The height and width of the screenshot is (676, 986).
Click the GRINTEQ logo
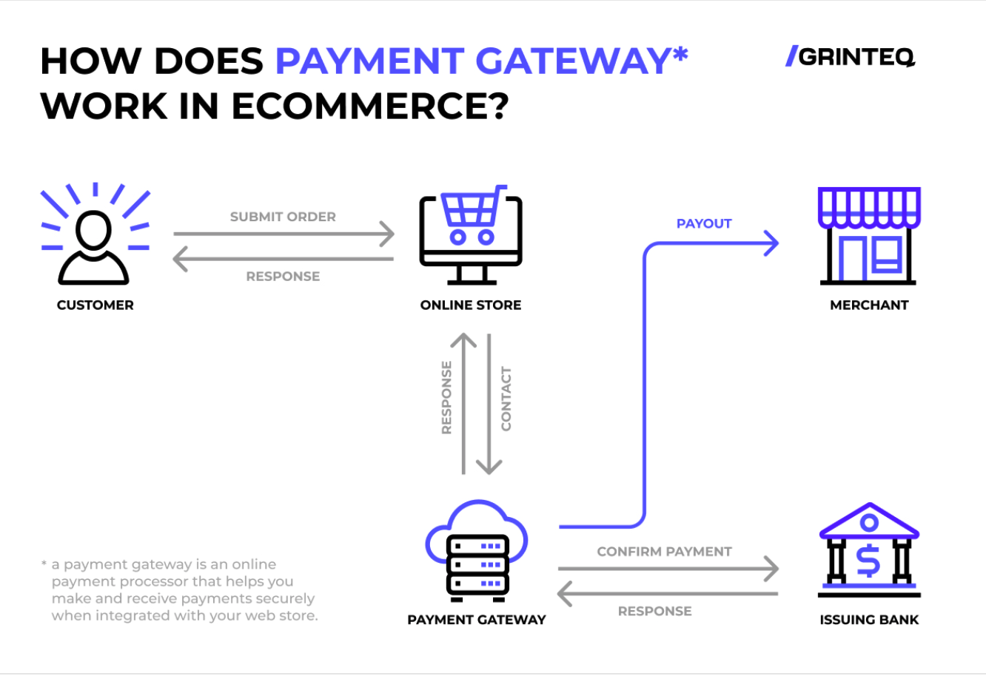tap(851, 57)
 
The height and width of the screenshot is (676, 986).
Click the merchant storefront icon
tap(869, 237)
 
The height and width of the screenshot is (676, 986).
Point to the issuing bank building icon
tap(869, 551)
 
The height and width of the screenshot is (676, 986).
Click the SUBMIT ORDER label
tap(283, 217)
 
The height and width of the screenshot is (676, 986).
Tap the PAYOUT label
tap(704, 223)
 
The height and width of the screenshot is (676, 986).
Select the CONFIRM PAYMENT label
tap(664, 552)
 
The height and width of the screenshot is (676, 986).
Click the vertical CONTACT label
tap(506, 399)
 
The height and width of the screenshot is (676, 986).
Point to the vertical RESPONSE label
tap(446, 397)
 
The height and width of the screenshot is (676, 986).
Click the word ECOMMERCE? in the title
tap(370, 107)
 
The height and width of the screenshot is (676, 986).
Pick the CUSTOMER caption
tap(95, 305)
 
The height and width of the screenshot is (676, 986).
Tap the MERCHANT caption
tap(869, 305)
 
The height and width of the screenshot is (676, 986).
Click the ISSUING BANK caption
tap(869, 620)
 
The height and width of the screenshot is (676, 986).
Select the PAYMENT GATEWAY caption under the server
tap(477, 620)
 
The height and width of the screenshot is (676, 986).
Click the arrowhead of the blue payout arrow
tap(772, 243)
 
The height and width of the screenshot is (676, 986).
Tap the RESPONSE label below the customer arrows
tap(283, 277)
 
